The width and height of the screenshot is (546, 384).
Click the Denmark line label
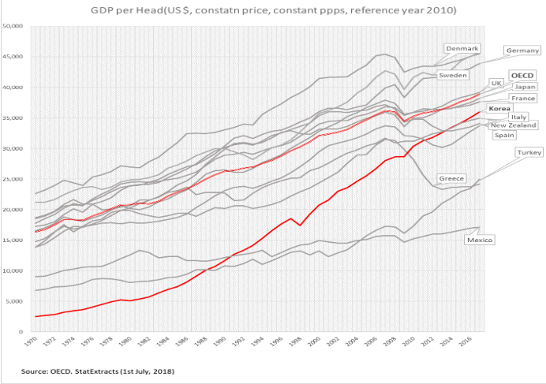[x=462, y=49]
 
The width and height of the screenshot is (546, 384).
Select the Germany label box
[x=522, y=50]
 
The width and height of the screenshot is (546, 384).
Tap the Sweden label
[x=454, y=75]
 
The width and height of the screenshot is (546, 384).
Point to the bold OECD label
[x=522, y=75]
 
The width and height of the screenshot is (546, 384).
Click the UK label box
[x=496, y=83]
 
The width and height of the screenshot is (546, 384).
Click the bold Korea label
[x=499, y=108]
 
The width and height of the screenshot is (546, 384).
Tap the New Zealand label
[x=514, y=125]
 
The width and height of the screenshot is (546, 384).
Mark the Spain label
[x=504, y=135]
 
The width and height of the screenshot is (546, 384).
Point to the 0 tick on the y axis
[x=22, y=332]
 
